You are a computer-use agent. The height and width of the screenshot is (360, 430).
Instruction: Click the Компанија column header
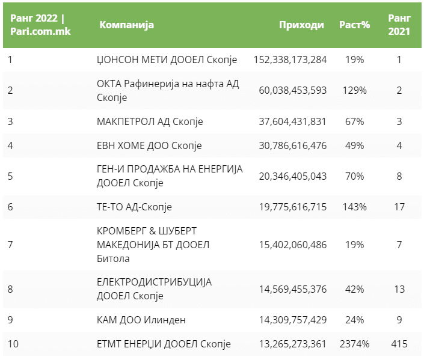tap(126, 25)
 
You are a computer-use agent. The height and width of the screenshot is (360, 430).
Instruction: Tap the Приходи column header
tap(301, 25)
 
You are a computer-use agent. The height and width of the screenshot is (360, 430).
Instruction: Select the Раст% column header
tap(354, 25)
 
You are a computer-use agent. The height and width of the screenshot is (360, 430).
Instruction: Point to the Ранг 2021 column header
tap(398, 25)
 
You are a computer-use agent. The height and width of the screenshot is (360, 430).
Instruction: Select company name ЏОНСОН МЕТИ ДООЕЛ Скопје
tap(167, 60)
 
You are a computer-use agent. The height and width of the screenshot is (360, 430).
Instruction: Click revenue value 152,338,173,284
tap(290, 60)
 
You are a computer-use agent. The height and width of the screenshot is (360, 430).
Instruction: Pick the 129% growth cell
tap(354, 90)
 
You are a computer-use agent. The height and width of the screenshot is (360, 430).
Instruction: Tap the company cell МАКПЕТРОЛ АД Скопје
tap(150, 121)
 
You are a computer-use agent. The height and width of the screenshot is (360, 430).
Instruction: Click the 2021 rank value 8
tap(398, 176)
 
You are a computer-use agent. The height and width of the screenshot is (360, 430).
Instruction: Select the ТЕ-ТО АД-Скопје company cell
tap(134, 207)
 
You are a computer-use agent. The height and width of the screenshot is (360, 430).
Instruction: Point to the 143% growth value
tap(354, 207)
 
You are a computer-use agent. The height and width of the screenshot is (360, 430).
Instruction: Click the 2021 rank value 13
tap(398, 289)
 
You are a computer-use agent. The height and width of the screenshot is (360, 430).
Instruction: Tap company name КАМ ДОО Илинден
tap(142, 320)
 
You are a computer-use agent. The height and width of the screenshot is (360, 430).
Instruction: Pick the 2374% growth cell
tap(354, 344)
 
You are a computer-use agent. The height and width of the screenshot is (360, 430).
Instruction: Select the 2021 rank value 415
tap(398, 344)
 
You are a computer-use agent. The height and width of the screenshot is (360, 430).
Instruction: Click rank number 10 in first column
tap(13, 344)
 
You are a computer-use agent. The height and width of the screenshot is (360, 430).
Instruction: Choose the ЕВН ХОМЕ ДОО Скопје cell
tap(149, 146)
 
